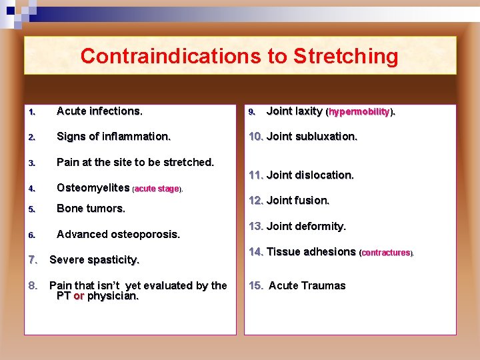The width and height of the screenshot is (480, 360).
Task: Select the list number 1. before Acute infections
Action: click(x=31, y=112)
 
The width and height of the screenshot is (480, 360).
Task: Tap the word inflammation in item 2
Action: click(x=137, y=136)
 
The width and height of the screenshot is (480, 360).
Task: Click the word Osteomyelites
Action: click(x=93, y=188)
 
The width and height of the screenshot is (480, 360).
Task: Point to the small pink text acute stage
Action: click(x=157, y=189)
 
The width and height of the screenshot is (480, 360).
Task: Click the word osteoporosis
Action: click(x=145, y=234)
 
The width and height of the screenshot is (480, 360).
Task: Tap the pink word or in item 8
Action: click(x=79, y=296)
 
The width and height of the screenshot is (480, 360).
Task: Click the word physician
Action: click(x=113, y=296)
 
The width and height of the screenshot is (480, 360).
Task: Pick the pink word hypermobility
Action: click(x=359, y=112)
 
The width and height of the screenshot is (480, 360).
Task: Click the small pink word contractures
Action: click(x=386, y=253)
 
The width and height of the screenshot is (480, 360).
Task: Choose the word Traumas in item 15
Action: click(x=324, y=285)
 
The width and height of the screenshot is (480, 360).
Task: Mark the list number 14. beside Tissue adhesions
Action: click(x=256, y=252)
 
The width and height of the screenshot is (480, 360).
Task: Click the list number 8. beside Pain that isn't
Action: click(x=33, y=285)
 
